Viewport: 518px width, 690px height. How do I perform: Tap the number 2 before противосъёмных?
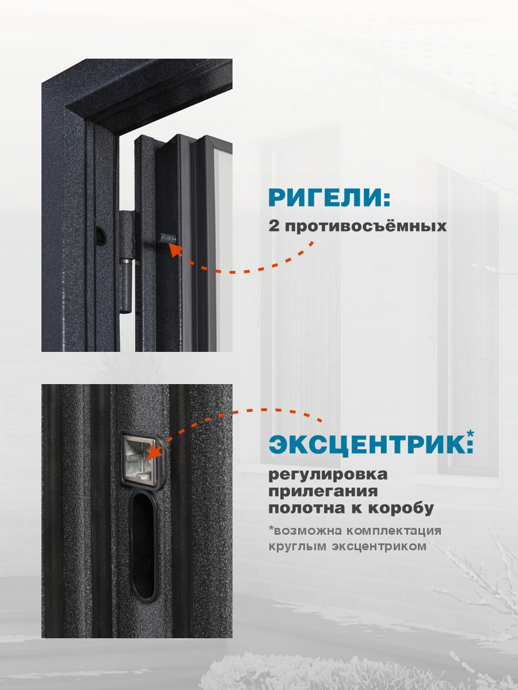[x=274, y=226]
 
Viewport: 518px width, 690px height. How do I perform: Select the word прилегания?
[x=323, y=492]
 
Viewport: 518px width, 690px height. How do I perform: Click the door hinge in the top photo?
[x=128, y=262]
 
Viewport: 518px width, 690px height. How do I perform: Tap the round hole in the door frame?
[x=100, y=234]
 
